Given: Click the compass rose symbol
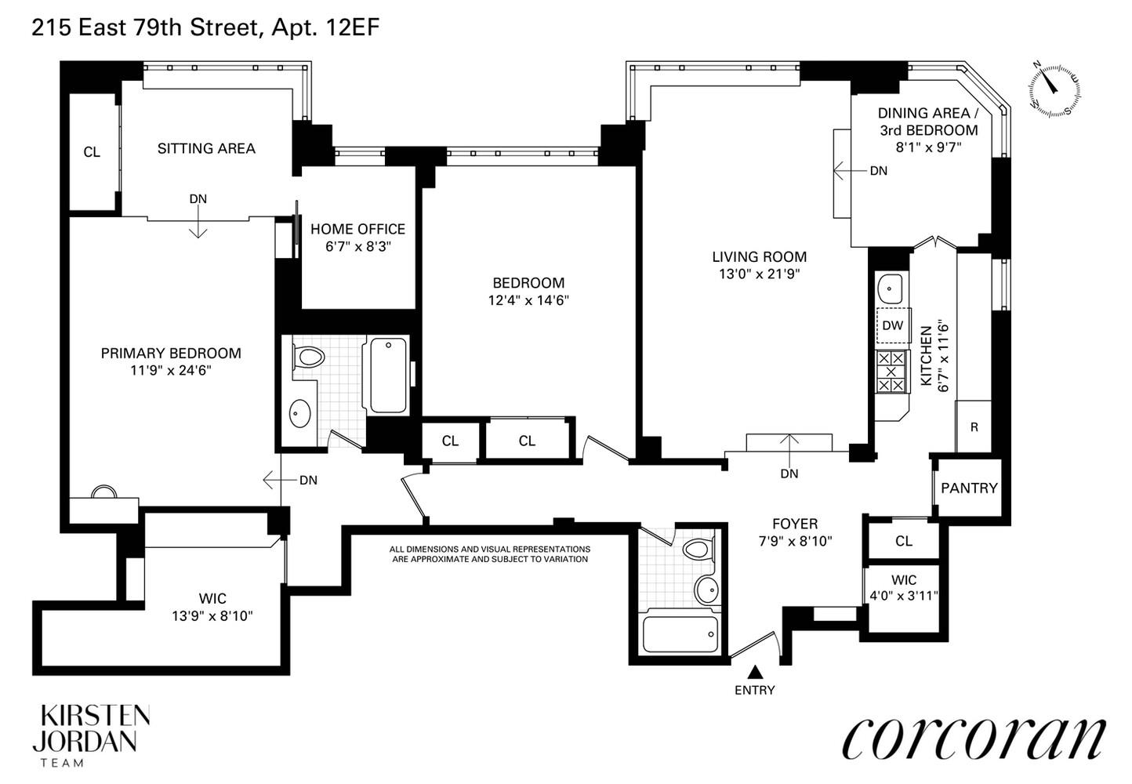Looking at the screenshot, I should (x=1054, y=88).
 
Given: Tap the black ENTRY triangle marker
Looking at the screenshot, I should (x=755, y=672).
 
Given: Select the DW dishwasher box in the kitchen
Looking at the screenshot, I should (x=892, y=325).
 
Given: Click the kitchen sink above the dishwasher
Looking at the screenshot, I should (x=890, y=289).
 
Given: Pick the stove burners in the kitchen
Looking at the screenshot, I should (x=890, y=371).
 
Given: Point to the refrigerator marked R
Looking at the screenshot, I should (x=974, y=427).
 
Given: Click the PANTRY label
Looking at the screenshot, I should (x=969, y=488).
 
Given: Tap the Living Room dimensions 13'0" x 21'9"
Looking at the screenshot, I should (x=759, y=274).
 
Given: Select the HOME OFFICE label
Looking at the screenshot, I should (x=357, y=229).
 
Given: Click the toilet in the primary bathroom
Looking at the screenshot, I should (x=310, y=358).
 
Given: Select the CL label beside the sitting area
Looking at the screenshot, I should (x=92, y=152).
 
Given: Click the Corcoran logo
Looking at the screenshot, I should (x=973, y=739).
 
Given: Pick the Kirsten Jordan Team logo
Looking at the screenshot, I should (x=94, y=735).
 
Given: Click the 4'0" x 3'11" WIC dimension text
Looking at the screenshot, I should (x=903, y=595).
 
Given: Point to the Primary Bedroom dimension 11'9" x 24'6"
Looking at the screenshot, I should (x=171, y=370).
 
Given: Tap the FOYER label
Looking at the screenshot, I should (x=795, y=524).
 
